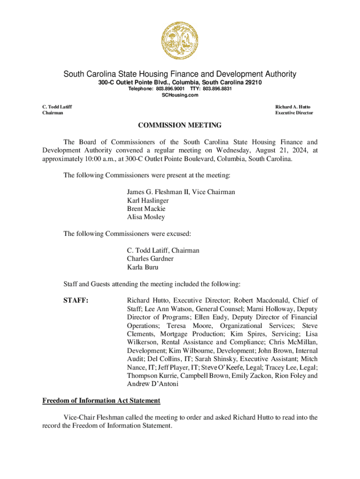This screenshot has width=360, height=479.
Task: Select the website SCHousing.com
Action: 180,95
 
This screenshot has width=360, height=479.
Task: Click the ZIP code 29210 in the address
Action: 252,82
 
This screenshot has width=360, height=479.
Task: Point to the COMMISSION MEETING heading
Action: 180,125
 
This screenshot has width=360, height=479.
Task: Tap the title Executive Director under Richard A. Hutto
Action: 294,113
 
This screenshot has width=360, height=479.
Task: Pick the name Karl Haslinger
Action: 148,201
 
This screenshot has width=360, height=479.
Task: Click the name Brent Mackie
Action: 146,209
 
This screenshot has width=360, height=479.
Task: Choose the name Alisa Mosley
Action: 146,217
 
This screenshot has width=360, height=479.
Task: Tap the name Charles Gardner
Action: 150,259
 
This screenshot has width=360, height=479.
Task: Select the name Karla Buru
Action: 143,267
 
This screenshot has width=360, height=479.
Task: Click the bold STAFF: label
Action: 76,300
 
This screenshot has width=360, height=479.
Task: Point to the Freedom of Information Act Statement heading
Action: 101,401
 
